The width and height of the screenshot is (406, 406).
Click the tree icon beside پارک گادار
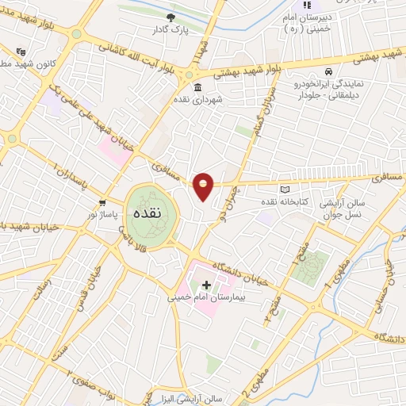tap(170, 17)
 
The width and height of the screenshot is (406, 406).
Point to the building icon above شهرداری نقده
tap(197, 87)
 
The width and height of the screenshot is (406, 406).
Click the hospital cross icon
tap(207, 285)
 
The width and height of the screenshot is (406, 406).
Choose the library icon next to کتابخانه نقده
tap(285, 190)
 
